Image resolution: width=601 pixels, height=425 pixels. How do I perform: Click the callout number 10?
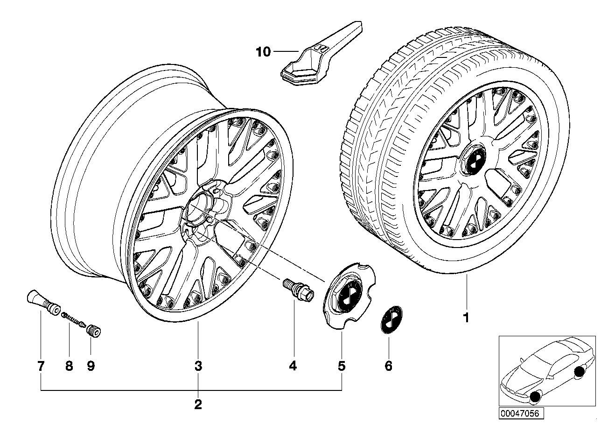click(263, 52)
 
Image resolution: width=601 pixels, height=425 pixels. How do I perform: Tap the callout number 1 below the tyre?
click(465, 319)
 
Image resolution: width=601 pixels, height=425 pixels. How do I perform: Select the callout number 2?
click(198, 404)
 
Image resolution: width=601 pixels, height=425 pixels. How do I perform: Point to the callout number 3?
click(198, 366)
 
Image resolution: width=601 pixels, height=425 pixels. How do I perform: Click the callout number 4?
click(293, 366)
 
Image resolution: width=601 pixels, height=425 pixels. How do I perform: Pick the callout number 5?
click(342, 366)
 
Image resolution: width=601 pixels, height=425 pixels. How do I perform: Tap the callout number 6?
click(389, 366)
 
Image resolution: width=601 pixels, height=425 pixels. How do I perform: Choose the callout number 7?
click(41, 366)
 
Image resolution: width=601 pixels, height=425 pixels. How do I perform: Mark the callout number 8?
click(69, 366)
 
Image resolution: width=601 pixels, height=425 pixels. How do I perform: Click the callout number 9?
click(91, 366)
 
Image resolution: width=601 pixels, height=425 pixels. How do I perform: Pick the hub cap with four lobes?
click(344, 297)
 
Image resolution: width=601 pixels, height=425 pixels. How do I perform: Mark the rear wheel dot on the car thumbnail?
click(580, 372)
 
